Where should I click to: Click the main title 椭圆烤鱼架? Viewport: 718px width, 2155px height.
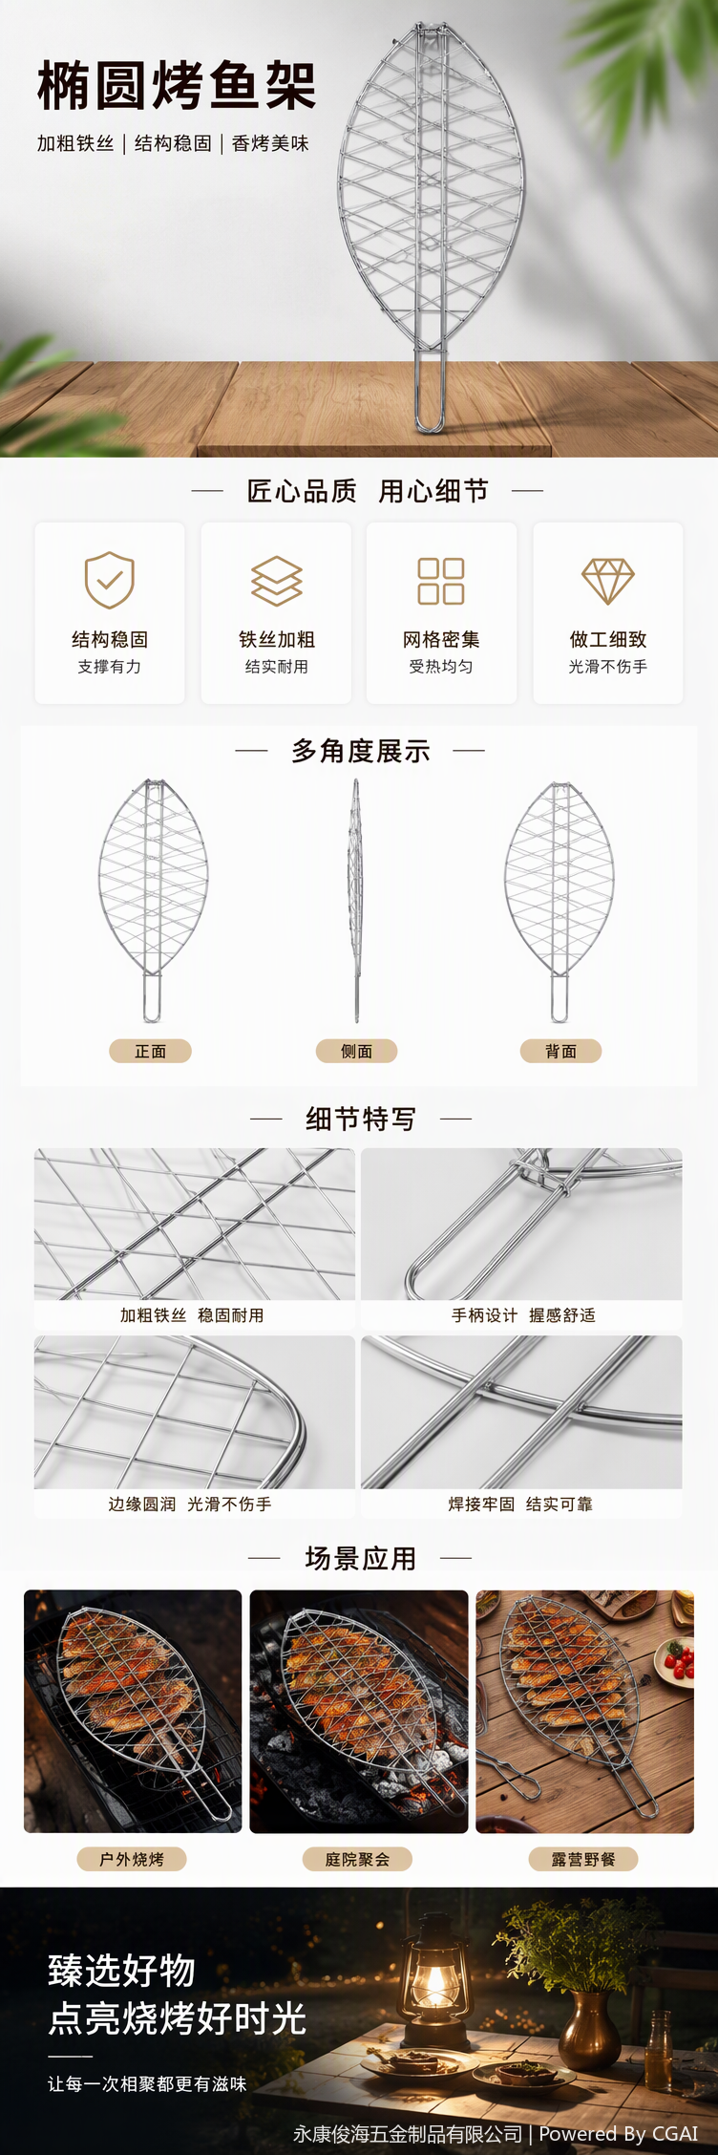click(x=177, y=86)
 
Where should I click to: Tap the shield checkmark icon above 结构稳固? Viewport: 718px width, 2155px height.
click(x=110, y=579)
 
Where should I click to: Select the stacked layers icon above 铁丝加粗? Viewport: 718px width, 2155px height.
click(x=277, y=581)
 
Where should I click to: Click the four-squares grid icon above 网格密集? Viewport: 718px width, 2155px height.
click(x=441, y=581)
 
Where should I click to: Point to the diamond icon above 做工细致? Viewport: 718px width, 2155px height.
click(x=608, y=581)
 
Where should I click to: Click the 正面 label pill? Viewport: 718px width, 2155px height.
click(x=151, y=1051)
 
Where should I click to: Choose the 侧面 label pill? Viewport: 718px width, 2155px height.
click(x=356, y=1051)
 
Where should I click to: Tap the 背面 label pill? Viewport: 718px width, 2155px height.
click(x=560, y=1051)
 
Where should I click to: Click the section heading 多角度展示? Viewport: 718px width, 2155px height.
click(x=361, y=751)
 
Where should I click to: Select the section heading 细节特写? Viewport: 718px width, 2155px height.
click(x=361, y=1118)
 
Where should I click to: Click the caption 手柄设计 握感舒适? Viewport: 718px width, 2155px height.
click(x=523, y=1315)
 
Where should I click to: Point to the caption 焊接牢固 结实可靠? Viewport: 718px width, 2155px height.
click(x=520, y=1504)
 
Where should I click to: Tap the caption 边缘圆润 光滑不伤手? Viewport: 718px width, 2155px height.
click(x=190, y=1504)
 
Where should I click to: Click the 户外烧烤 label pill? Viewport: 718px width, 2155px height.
click(x=132, y=1859)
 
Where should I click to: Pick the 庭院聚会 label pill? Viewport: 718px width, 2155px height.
click(x=357, y=1859)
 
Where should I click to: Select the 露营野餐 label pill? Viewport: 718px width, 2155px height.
click(x=583, y=1859)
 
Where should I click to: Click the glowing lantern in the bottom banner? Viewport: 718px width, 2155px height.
click(x=435, y=1987)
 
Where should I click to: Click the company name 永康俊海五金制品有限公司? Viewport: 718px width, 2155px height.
click(x=408, y=2133)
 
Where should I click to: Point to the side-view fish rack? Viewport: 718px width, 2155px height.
click(x=355, y=900)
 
